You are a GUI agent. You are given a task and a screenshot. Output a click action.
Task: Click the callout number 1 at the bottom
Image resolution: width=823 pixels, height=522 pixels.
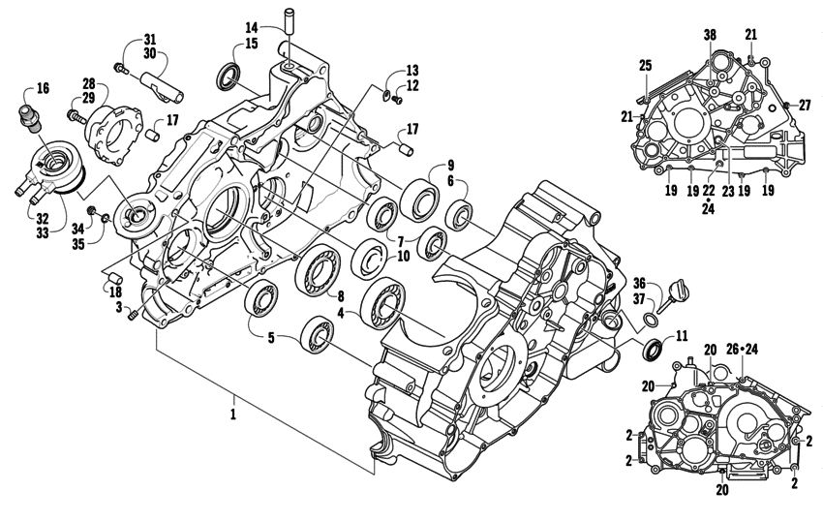(x=233, y=400)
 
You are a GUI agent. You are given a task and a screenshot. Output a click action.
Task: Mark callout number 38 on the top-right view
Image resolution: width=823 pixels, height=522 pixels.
(x=710, y=34)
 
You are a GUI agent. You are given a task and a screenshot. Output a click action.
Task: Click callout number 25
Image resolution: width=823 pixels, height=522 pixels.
(x=645, y=65)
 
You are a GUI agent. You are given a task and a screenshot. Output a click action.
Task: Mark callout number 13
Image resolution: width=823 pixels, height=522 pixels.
(x=412, y=71)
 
